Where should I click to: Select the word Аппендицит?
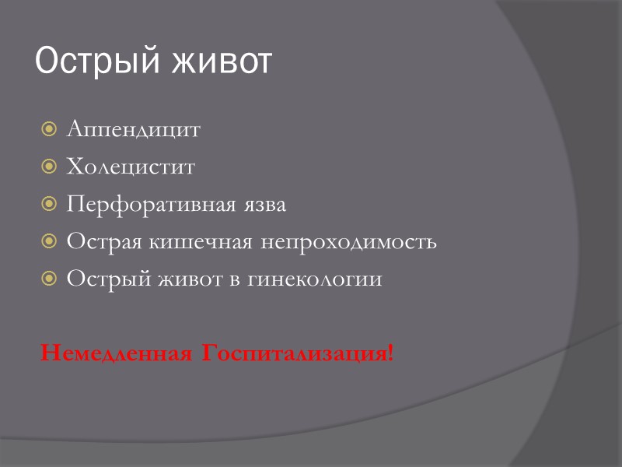[x=133, y=129]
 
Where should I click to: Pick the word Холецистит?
[x=131, y=167]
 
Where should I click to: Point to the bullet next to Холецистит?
[x=49, y=167]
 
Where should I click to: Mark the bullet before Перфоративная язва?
[x=49, y=204]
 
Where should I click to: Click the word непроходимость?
[x=348, y=241]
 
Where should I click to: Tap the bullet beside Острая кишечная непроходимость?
[x=49, y=241]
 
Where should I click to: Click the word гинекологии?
[x=315, y=279]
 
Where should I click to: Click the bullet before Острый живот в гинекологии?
[x=49, y=279]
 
